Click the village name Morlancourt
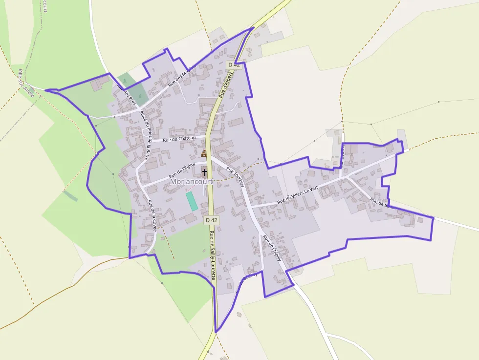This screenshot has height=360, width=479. tap(192, 181)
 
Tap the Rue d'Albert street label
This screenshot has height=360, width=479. tap(228, 83)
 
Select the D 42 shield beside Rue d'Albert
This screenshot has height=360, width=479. tap(234, 64)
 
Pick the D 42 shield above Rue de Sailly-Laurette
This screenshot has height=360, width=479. tap(211, 220)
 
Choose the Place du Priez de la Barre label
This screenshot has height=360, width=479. tap(145, 135)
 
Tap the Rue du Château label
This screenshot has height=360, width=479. tap(179, 139)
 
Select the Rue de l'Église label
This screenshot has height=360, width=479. tap(182, 169)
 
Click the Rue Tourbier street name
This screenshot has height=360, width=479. tap(235, 177)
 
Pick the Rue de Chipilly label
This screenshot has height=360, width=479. tap(272, 248)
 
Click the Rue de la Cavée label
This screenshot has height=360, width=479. tap(152, 215)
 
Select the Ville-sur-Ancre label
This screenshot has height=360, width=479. tap(26, 83)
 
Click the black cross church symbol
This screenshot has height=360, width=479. tap(204, 172)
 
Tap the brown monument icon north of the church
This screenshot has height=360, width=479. tap(204, 154)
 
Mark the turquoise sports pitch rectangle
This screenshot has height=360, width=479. tap(192, 201)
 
